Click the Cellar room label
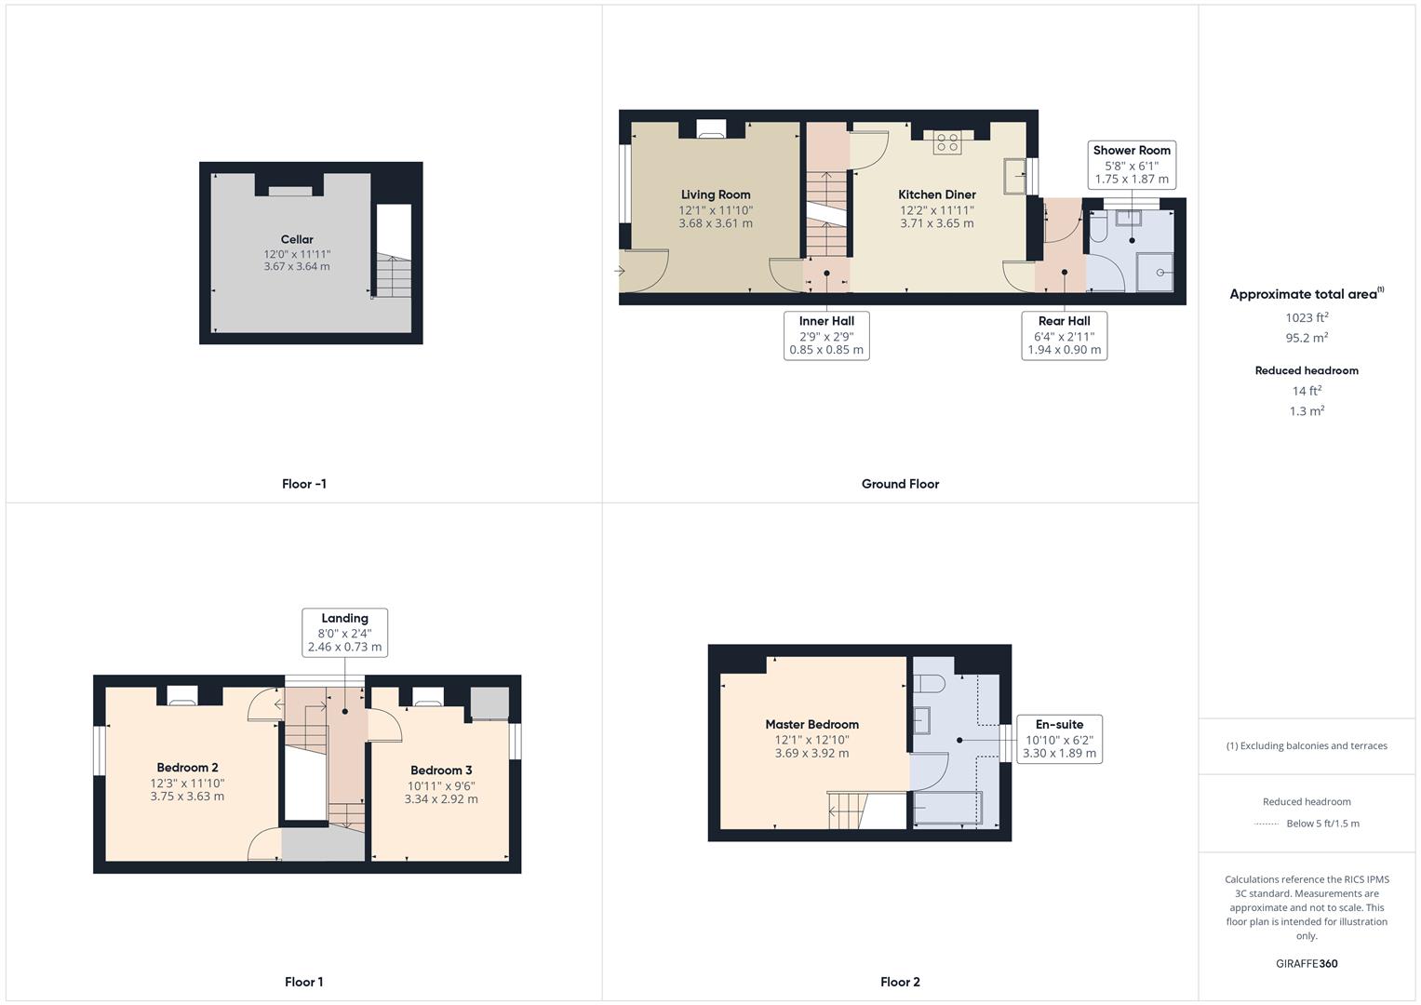tap(297, 239)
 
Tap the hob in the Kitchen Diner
tap(947, 143)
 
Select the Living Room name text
tap(715, 194)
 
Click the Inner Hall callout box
tap(826, 335)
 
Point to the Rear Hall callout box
tap(1064, 335)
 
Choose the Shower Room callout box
tap(1132, 165)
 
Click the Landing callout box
tap(344, 632)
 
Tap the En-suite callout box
tap(1059, 739)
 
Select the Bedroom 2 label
tap(187, 768)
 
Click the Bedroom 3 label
tap(441, 770)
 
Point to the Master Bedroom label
tap(811, 724)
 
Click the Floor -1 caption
tap(303, 484)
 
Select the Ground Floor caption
tap(900, 484)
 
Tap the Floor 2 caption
tap(900, 982)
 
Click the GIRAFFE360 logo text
tap(1306, 963)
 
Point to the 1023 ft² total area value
tap(1306, 317)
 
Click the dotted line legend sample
tap(1267, 824)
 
